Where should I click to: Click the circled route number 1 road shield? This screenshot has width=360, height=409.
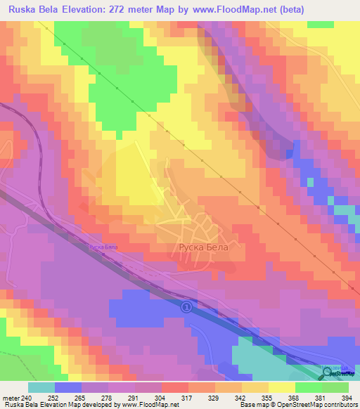pyautogui.click(x=186, y=307)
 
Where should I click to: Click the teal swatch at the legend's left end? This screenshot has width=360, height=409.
pyautogui.click(x=41, y=387)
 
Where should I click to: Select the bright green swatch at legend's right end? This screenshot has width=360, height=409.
pyautogui.click(x=335, y=387)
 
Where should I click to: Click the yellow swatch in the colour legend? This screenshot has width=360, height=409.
pyautogui.click(x=281, y=387)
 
